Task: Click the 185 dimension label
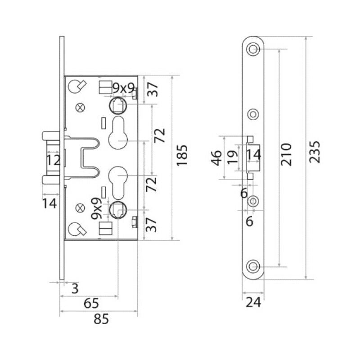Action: [182, 155]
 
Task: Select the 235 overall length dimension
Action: [314, 152]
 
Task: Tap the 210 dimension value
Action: [286, 154]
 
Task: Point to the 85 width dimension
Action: [101, 319]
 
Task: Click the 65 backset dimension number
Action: [91, 303]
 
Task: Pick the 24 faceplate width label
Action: [253, 302]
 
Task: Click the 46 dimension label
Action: [216, 158]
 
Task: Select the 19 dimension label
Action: [232, 157]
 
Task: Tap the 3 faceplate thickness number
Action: [75, 288]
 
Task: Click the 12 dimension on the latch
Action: [53, 160]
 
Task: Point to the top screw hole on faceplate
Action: [253, 49]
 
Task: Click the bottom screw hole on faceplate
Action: [253, 266]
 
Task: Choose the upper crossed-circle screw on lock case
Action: [80, 108]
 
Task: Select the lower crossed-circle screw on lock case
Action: [80, 208]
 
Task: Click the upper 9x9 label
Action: [123, 88]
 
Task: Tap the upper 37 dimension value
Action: [153, 90]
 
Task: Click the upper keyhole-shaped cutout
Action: [118, 133]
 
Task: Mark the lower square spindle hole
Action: [118, 210]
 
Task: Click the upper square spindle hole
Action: [118, 105]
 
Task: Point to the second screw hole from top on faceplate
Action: [253, 114]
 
